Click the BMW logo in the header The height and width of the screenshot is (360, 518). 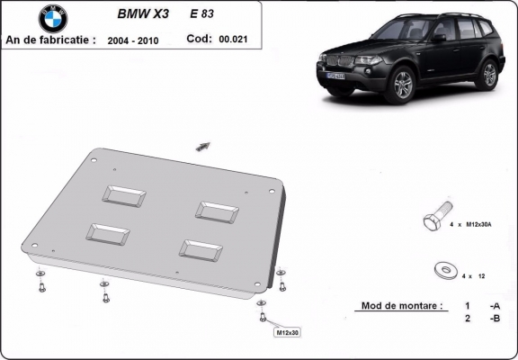[x=53, y=19]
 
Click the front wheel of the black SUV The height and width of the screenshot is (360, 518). [x=402, y=86]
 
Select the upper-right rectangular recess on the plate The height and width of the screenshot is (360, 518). [x=219, y=211]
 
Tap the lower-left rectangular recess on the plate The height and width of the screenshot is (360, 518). [x=107, y=232]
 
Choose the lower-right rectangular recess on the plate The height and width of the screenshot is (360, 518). [x=200, y=249]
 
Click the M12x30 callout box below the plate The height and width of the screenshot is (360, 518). [x=287, y=332]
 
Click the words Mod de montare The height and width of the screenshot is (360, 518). [x=401, y=306]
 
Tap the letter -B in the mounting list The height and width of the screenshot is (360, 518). [x=494, y=319]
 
